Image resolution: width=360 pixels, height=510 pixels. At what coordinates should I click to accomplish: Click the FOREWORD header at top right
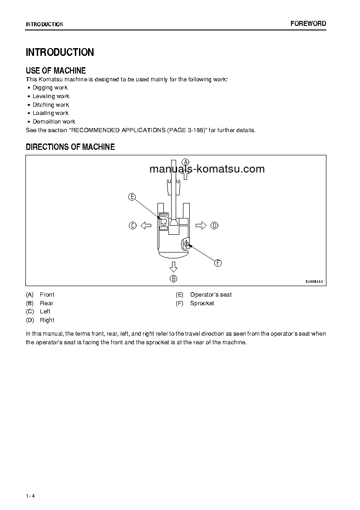click(308, 24)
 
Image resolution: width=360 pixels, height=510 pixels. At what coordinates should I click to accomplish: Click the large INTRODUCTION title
click(60, 52)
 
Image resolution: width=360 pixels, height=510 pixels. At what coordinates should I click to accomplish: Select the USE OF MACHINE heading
click(56, 70)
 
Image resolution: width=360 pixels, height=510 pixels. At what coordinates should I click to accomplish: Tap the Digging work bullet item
click(50, 88)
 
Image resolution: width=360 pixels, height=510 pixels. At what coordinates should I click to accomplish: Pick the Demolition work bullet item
click(54, 122)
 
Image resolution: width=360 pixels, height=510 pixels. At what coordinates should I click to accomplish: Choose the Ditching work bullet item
click(50, 105)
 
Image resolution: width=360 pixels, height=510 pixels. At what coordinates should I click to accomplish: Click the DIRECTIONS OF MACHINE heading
click(70, 147)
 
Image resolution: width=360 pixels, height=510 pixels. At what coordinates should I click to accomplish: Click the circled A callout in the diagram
click(185, 162)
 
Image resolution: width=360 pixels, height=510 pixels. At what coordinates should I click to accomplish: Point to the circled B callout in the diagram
click(173, 279)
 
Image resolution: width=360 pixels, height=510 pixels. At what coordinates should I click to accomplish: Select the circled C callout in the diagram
click(133, 225)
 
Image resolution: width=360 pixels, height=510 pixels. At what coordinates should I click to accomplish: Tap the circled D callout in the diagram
click(215, 225)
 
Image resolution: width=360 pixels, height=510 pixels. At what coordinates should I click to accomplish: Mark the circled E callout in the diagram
click(132, 197)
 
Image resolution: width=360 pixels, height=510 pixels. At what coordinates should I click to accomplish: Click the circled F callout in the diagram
click(217, 263)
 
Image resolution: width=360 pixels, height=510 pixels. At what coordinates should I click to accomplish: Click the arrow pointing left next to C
click(145, 225)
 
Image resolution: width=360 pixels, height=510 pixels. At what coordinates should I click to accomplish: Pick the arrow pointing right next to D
click(201, 225)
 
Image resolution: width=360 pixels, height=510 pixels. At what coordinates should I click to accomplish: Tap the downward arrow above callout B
click(173, 266)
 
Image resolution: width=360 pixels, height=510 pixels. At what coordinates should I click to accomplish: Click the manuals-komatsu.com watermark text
click(207, 169)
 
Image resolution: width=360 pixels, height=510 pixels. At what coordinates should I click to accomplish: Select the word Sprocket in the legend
click(202, 303)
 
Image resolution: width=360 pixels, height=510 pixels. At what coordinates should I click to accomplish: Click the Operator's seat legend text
click(211, 295)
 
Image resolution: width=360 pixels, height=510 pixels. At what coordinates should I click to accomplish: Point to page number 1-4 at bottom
click(30, 495)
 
